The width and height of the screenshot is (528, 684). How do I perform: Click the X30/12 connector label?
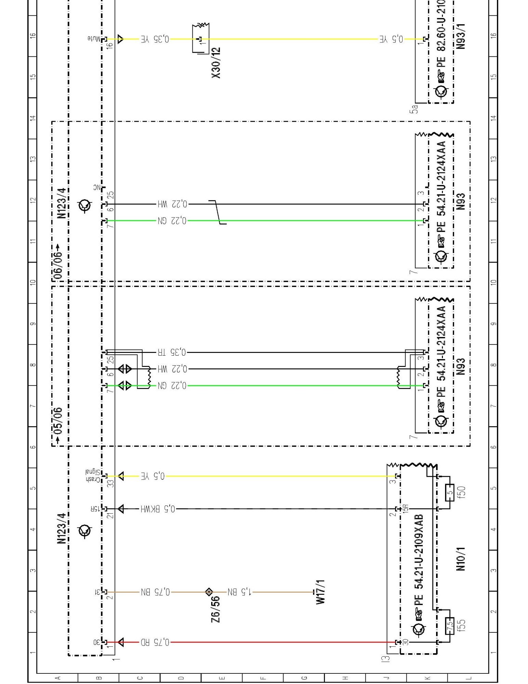pyautogui.click(x=216, y=63)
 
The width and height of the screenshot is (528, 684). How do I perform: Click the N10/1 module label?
pyautogui.click(x=461, y=559)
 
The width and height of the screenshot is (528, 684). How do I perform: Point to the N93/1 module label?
pyautogui.click(x=461, y=36)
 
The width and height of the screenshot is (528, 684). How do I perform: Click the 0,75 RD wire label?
pyautogui.click(x=155, y=642)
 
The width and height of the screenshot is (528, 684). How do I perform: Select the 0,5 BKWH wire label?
pyautogui.click(x=158, y=509)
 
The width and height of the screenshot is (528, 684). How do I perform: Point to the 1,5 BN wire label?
pyautogui.click(x=239, y=592)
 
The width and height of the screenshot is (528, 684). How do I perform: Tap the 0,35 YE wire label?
pyautogui.click(x=154, y=39)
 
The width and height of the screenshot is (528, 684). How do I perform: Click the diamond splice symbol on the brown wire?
pyautogui.click(x=209, y=592)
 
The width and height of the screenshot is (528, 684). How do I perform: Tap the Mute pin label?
pyautogui.click(x=94, y=39)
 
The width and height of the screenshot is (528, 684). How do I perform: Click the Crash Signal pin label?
pyautogui.click(x=93, y=476)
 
